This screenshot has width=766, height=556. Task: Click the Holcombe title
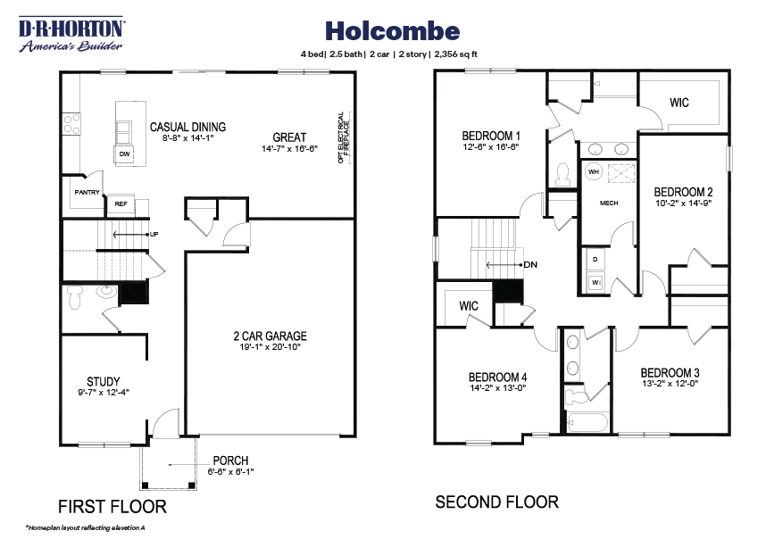(x=392, y=31)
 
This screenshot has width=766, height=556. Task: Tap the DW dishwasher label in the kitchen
(x=125, y=154)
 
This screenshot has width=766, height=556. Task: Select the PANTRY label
(x=87, y=192)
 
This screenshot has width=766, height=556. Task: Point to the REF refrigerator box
(x=121, y=203)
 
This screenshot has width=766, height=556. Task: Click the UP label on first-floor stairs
(x=154, y=234)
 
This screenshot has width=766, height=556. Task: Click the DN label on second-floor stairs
(x=530, y=265)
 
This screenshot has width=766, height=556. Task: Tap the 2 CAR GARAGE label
(x=270, y=336)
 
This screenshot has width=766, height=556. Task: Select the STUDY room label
(x=104, y=381)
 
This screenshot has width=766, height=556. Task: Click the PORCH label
(x=230, y=461)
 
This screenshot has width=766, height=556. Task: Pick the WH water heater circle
(x=593, y=171)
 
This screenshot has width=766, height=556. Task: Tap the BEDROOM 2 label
(x=683, y=191)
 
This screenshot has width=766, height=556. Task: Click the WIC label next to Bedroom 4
(x=470, y=306)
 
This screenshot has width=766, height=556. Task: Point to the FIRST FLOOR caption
(x=112, y=507)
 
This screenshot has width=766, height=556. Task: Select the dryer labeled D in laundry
(x=595, y=259)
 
